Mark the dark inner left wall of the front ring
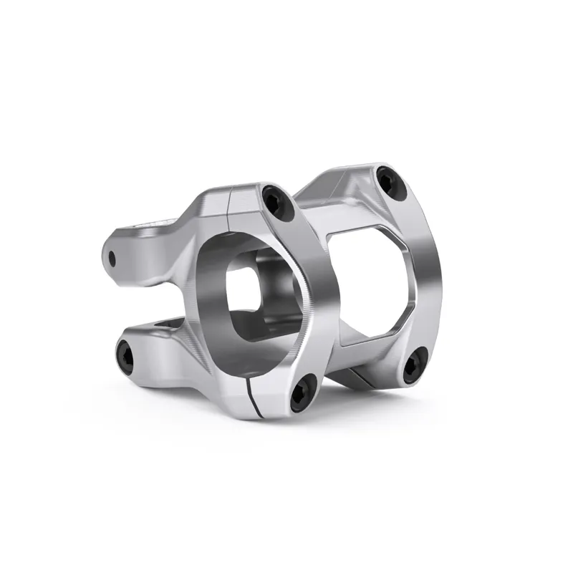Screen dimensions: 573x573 (208, 286)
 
